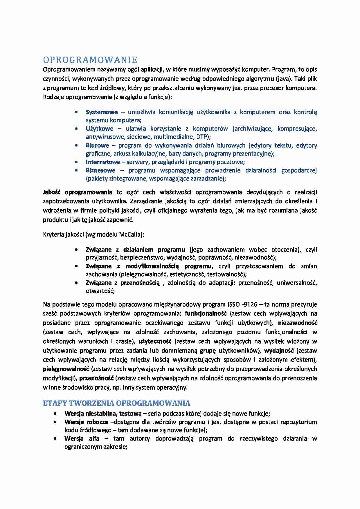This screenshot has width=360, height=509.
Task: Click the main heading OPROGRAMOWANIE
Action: tap(90, 60)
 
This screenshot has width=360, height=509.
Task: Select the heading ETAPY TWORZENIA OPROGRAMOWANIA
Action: tap(116, 403)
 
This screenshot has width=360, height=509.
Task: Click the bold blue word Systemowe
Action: tap(102, 112)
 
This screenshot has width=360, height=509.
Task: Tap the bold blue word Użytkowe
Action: tap(99, 129)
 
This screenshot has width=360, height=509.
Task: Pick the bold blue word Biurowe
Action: tap(97, 145)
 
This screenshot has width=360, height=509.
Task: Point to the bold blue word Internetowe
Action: tap(103, 162)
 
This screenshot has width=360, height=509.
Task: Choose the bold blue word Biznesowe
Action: tap(100, 170)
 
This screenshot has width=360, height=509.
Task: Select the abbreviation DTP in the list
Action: tap(201, 137)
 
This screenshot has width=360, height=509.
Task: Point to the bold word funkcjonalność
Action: tap(206, 313)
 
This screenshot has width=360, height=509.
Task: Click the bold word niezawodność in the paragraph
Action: tap(297, 323)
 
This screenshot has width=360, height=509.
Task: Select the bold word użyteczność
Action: tap(155, 341)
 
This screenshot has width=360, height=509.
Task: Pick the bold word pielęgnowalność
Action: tap(66, 369)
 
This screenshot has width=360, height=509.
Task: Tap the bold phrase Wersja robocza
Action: tap(86, 422)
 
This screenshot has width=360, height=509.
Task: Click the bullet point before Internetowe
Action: tap(76, 162)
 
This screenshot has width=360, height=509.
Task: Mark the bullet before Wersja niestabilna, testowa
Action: tap(55, 414)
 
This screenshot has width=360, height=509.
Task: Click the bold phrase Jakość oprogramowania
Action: tap(78, 192)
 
